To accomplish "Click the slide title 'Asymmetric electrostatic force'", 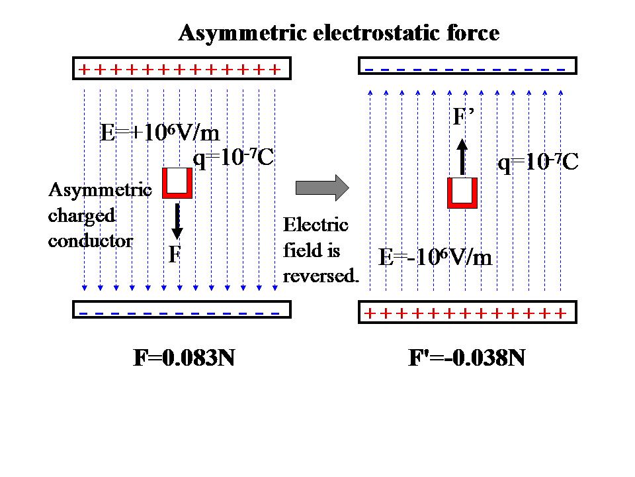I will click(x=339, y=33).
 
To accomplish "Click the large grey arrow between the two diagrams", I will click(x=321, y=187).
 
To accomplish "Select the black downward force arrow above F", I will click(x=177, y=221).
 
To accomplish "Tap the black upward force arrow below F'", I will click(x=462, y=156).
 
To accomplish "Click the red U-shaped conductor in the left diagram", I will click(x=177, y=184).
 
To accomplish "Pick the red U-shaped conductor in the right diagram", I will click(x=462, y=193).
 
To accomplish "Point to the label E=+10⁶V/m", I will click(x=159, y=133).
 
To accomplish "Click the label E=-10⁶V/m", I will click(x=435, y=257).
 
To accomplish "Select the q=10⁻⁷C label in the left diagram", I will click(x=233, y=158).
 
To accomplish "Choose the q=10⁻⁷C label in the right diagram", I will click(x=538, y=162).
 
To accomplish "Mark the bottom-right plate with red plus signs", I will click(x=467, y=313).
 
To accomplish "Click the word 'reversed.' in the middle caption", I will click(x=321, y=276).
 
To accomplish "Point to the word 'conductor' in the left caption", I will click(x=91, y=240).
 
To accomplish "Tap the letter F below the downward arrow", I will click(x=174, y=255).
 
